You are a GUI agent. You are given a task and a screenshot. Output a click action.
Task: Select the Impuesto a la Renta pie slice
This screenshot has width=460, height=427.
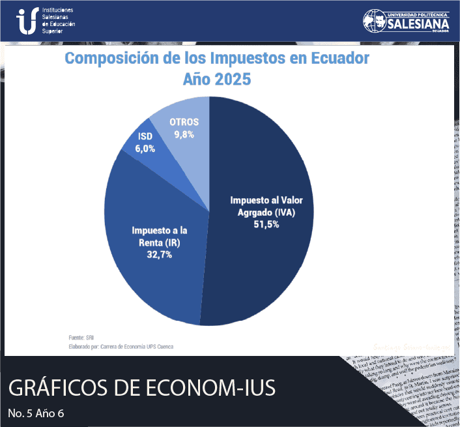tap(150, 261)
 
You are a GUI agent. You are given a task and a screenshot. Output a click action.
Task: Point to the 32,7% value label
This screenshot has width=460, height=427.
tap(160, 254)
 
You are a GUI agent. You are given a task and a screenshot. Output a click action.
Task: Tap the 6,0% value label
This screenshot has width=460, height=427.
tap(145, 149)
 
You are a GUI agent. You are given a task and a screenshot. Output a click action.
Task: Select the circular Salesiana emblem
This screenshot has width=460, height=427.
tap(374, 21)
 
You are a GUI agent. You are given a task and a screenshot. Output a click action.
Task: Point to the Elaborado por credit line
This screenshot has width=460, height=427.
tap(121, 347)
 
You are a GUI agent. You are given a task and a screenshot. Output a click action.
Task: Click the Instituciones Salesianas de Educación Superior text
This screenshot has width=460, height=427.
tap(58, 22)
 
